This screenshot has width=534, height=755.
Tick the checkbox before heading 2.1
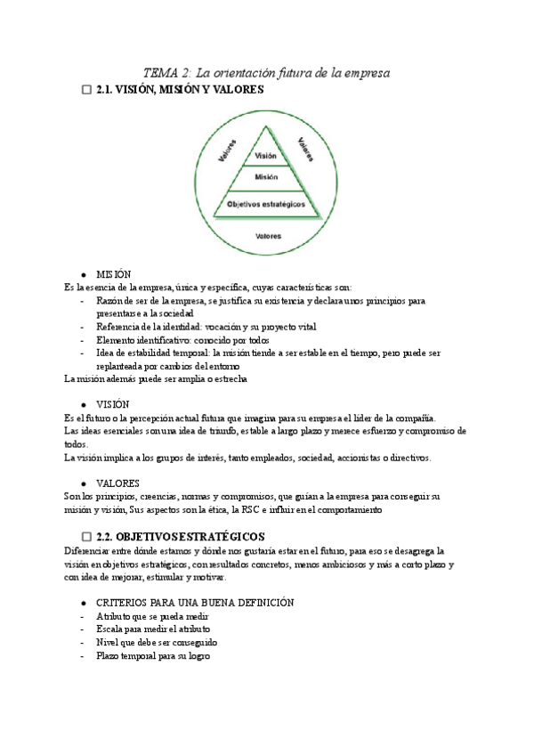click(x=85, y=91)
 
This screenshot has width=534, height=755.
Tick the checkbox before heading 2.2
click(x=85, y=537)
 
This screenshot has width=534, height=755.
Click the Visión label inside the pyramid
click(x=266, y=156)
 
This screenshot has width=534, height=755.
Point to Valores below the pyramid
click(x=268, y=236)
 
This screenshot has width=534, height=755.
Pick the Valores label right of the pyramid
click(x=306, y=147)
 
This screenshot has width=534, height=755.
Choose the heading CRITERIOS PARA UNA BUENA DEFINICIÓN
click(x=194, y=602)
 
